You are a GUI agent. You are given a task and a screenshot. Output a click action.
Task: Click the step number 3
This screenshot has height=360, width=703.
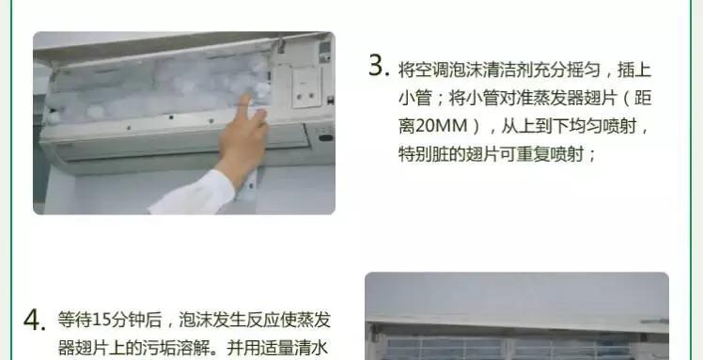(378, 67)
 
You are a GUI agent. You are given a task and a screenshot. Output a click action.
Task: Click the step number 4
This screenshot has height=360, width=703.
(34, 321)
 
